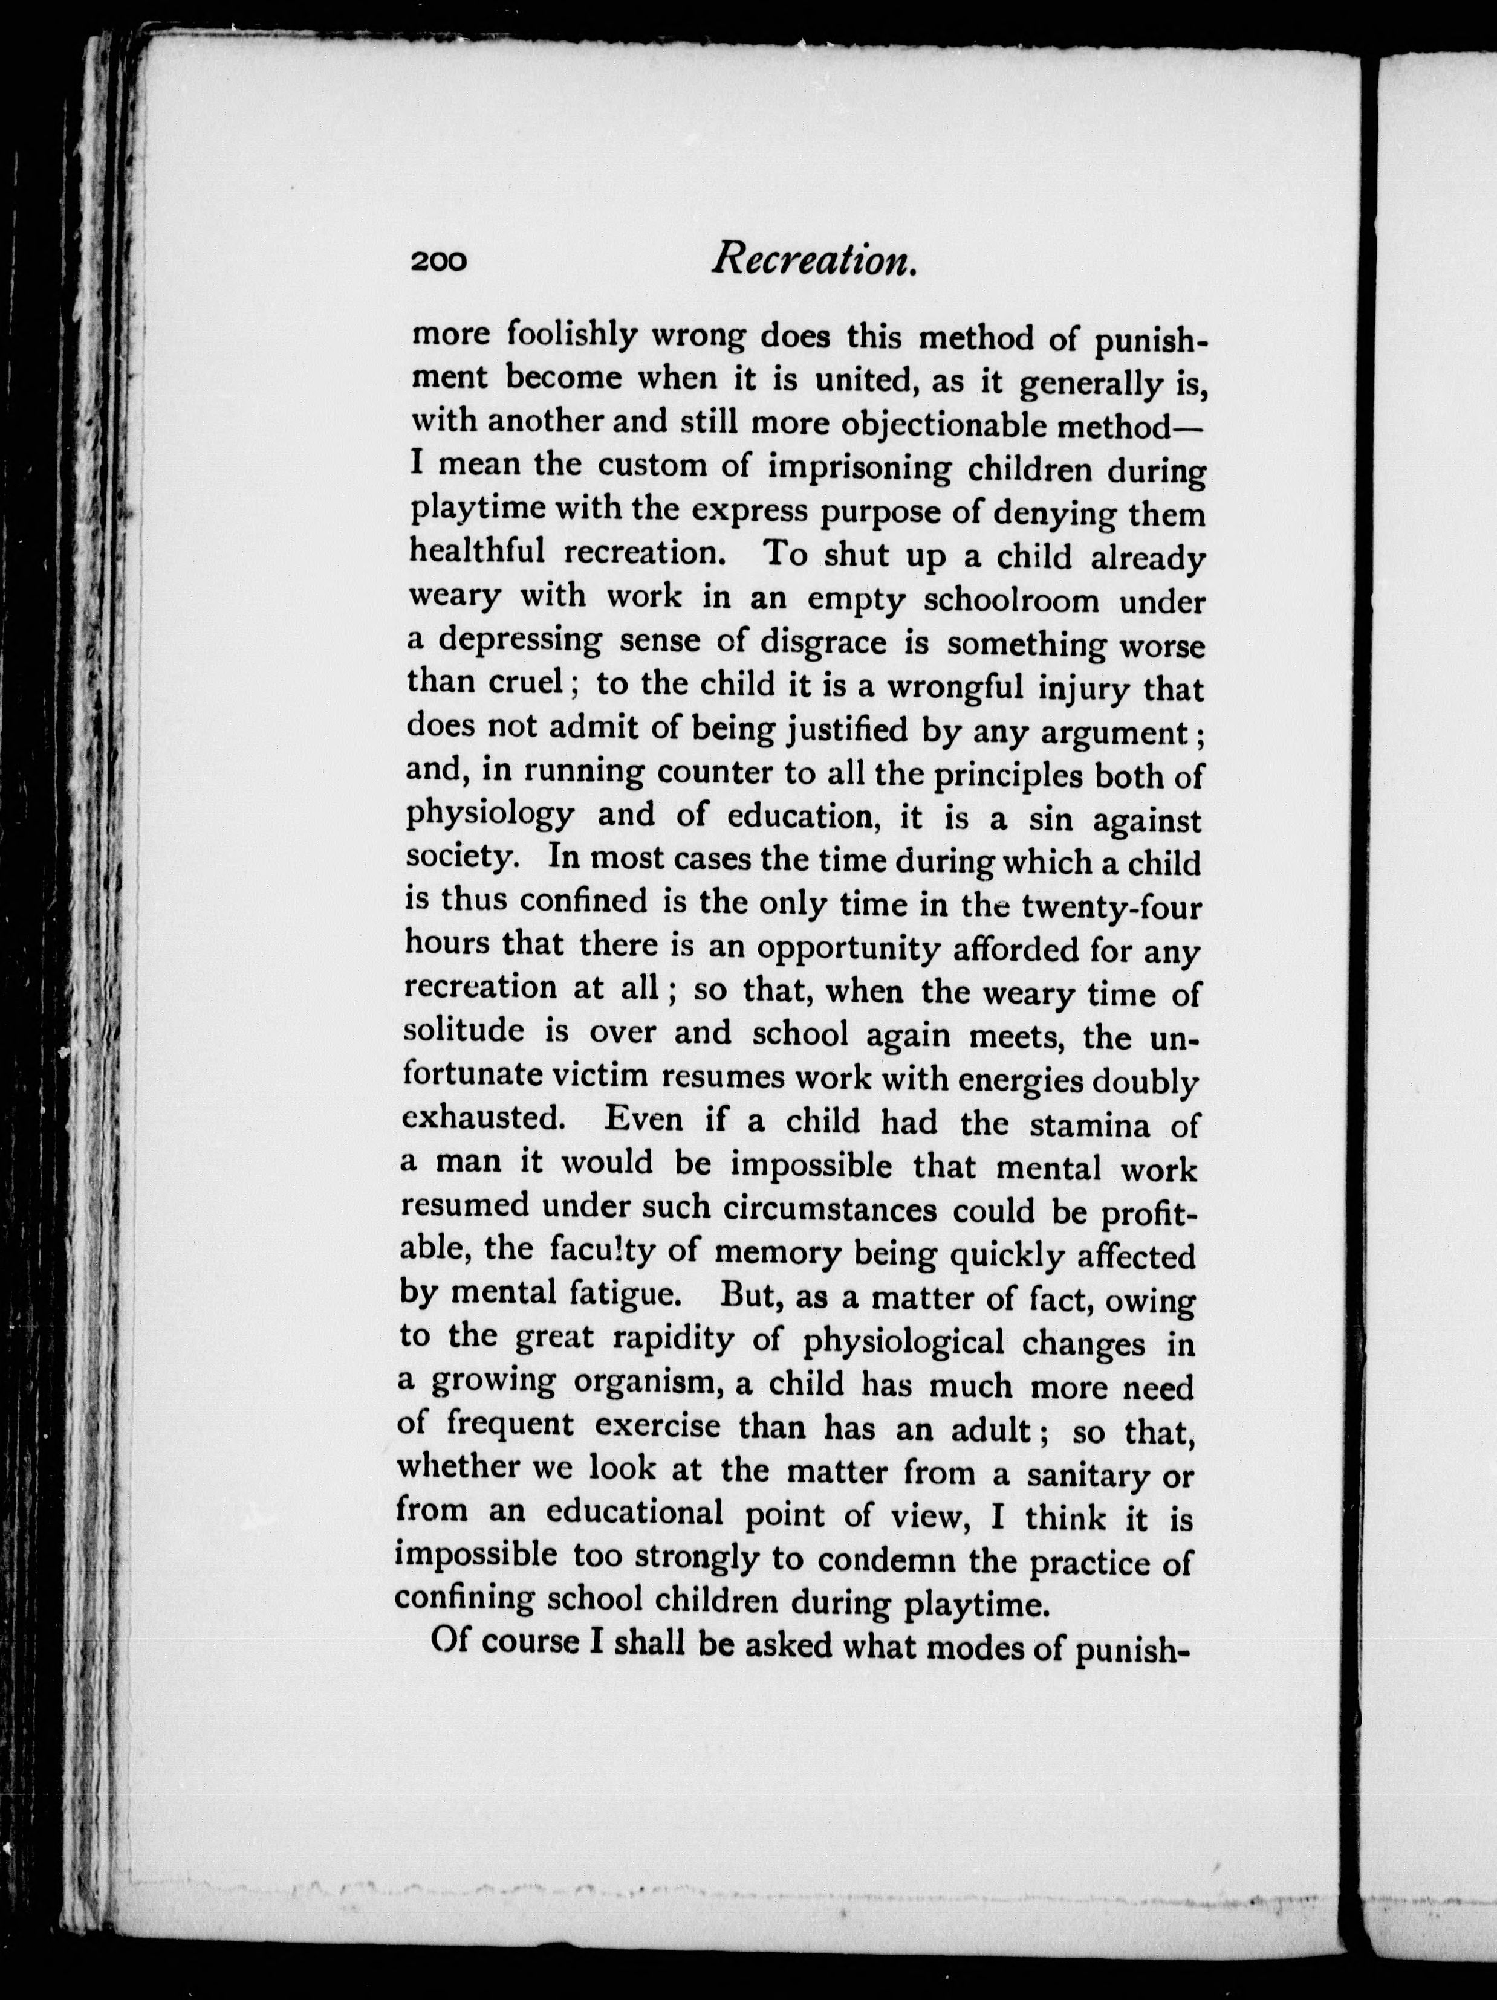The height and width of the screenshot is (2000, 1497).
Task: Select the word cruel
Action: (529, 685)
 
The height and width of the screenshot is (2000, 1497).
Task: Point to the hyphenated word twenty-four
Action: (1111, 904)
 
